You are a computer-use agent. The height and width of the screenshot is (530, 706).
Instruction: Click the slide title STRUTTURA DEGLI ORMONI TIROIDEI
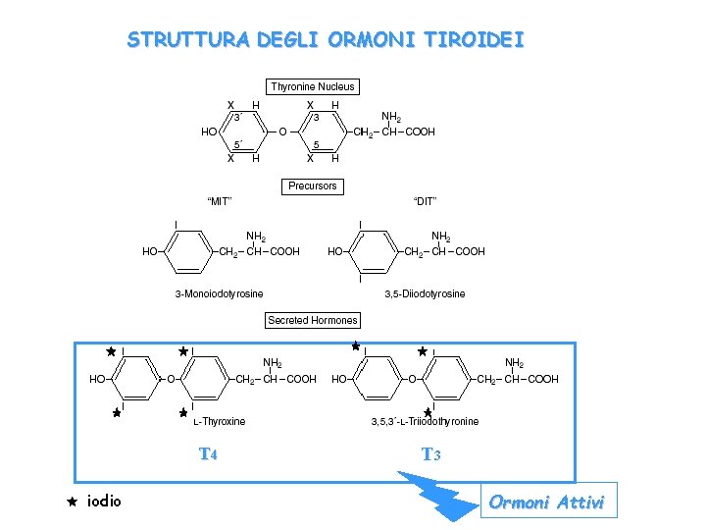tap(325, 40)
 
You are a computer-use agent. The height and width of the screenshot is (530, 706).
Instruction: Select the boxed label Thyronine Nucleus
tap(313, 86)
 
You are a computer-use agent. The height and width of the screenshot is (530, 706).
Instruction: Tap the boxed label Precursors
tap(313, 185)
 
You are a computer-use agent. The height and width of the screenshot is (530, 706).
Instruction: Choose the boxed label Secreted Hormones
tap(313, 320)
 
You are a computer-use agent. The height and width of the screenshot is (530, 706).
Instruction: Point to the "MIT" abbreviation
tap(219, 202)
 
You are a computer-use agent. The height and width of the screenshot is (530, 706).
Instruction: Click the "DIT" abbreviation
tap(425, 202)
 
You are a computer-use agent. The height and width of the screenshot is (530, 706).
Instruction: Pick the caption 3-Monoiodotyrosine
tap(219, 293)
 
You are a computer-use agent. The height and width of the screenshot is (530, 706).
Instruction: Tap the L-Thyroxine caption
tap(219, 422)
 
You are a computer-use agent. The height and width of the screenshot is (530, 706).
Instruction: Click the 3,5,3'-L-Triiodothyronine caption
tap(425, 422)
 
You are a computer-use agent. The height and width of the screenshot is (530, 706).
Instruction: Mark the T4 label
tap(208, 454)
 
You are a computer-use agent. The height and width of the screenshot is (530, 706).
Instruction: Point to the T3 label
tap(430, 454)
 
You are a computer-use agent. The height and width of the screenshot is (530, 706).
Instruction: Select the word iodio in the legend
tap(105, 502)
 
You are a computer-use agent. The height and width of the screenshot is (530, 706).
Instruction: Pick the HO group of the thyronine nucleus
tap(209, 132)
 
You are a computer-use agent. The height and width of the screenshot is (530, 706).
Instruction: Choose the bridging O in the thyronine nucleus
tap(282, 132)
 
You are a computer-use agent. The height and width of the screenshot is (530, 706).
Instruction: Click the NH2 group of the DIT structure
tap(441, 237)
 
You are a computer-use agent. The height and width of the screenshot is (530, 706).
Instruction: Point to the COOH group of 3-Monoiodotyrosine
tap(284, 251)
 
